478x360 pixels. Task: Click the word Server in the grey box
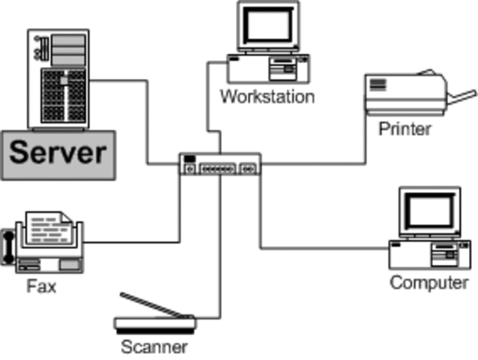[58, 153]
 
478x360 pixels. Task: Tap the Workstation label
[267, 97]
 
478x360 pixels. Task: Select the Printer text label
[405, 129]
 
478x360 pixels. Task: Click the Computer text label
[429, 283]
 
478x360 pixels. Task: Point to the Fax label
[41, 286]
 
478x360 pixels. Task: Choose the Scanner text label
[154, 347]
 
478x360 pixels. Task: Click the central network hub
[220, 164]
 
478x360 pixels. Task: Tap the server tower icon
[58, 79]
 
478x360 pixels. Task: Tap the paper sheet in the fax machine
[49, 226]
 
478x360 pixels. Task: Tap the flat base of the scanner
[155, 325]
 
